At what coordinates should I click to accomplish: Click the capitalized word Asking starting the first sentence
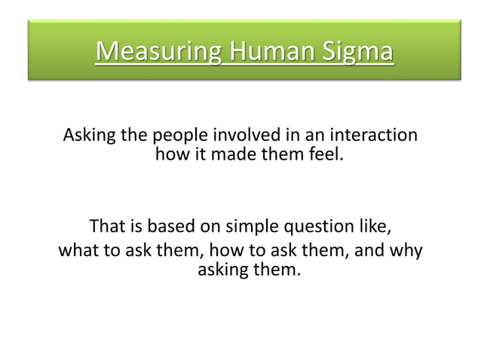[89, 136]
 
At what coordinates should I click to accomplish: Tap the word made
[231, 155]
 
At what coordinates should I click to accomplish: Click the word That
[106, 227]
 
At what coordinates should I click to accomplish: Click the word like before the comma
[375, 227]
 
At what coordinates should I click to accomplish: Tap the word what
[78, 249]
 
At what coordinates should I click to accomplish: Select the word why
[406, 249]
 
